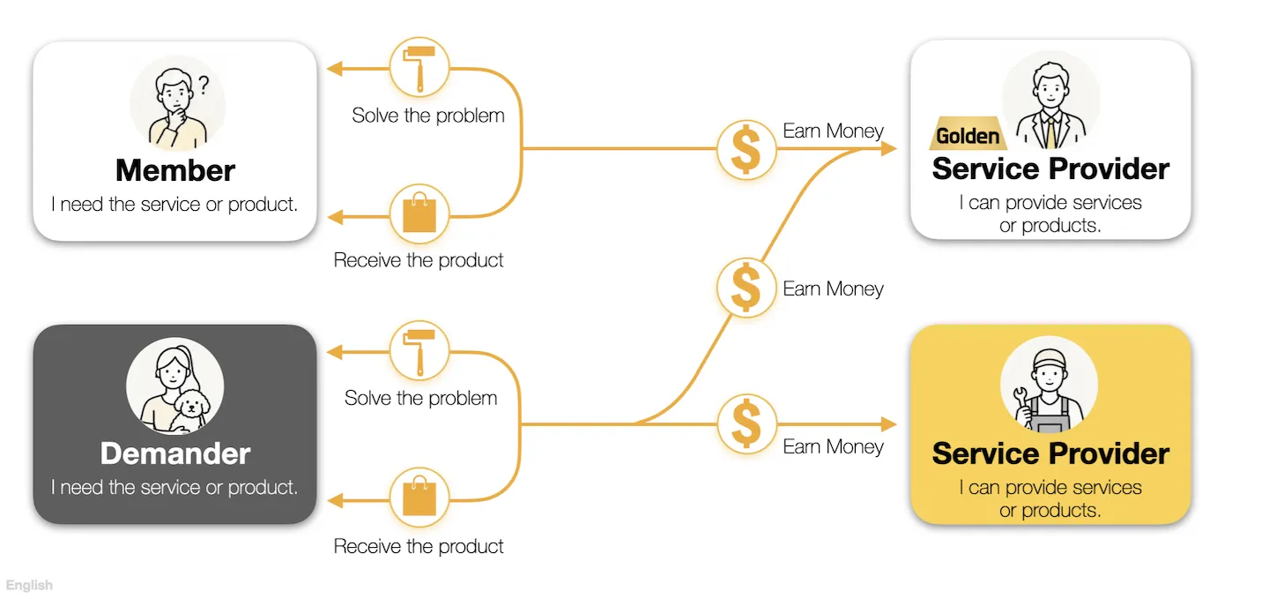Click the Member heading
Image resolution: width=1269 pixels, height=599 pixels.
point(175,170)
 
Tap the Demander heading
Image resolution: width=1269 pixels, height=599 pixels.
point(175,453)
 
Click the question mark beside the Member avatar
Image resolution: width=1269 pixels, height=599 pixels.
point(204,85)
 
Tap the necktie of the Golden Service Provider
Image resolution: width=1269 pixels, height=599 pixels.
point(1051,132)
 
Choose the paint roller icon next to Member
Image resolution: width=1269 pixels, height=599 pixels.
point(419,68)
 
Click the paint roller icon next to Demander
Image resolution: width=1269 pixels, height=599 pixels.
point(419,352)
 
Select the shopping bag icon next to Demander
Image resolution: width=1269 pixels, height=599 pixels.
point(419,497)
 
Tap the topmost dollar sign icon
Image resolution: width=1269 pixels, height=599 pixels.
point(746,149)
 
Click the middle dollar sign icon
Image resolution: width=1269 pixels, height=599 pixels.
point(746,288)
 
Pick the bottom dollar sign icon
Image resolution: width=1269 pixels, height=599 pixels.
point(746,423)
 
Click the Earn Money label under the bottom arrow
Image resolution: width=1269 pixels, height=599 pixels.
point(833,447)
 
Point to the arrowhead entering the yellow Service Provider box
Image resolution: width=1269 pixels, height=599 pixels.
point(889,423)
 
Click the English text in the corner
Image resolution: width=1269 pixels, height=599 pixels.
point(29,585)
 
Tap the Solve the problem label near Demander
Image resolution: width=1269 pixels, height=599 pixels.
point(421,398)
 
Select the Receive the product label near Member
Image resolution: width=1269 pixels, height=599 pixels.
point(419,260)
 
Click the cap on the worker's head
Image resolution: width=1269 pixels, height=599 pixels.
point(1050,358)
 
